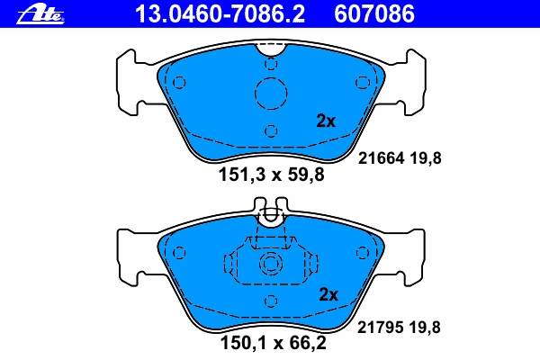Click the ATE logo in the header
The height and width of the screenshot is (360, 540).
(x=40, y=15)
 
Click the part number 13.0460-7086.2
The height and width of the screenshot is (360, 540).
(x=220, y=14)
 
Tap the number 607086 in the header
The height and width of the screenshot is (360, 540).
(x=374, y=14)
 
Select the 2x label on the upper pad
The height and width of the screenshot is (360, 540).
(x=326, y=121)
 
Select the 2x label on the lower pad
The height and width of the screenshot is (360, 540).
(x=328, y=294)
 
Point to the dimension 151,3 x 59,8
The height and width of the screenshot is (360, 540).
(x=272, y=175)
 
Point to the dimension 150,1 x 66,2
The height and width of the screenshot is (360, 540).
(x=273, y=343)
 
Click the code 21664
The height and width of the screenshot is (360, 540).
(x=381, y=158)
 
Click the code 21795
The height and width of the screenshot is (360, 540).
(x=380, y=328)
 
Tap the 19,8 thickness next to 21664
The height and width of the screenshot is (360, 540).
(x=426, y=158)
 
